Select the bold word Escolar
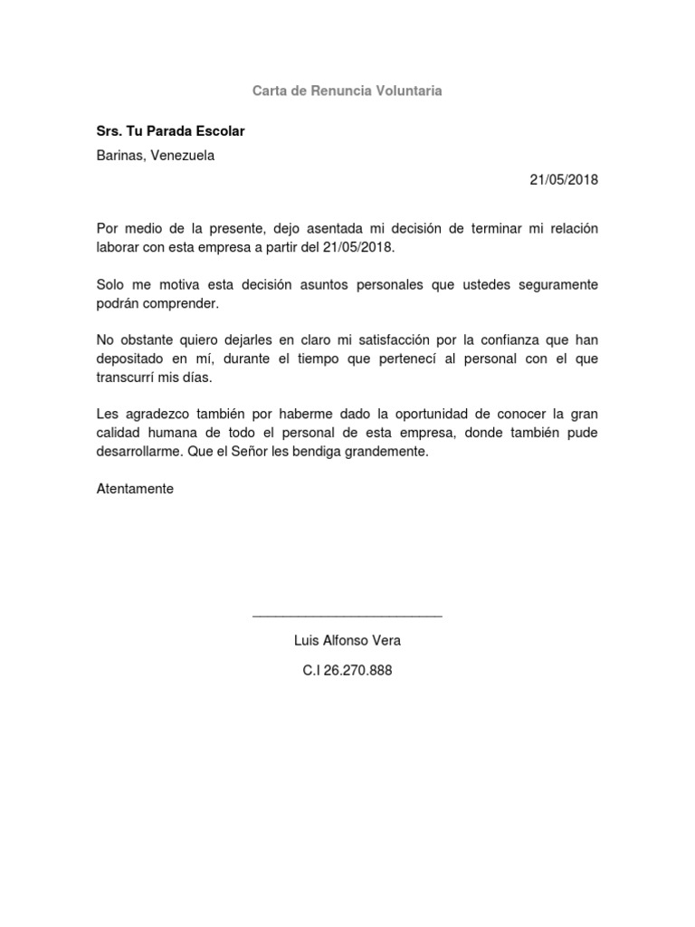(x=215, y=131)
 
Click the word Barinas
(x=120, y=155)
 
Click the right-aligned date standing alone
(x=564, y=179)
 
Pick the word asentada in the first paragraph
(x=335, y=228)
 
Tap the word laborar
(x=119, y=246)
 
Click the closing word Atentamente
(x=134, y=489)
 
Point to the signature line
(x=347, y=616)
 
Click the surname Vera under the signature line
(x=385, y=641)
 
